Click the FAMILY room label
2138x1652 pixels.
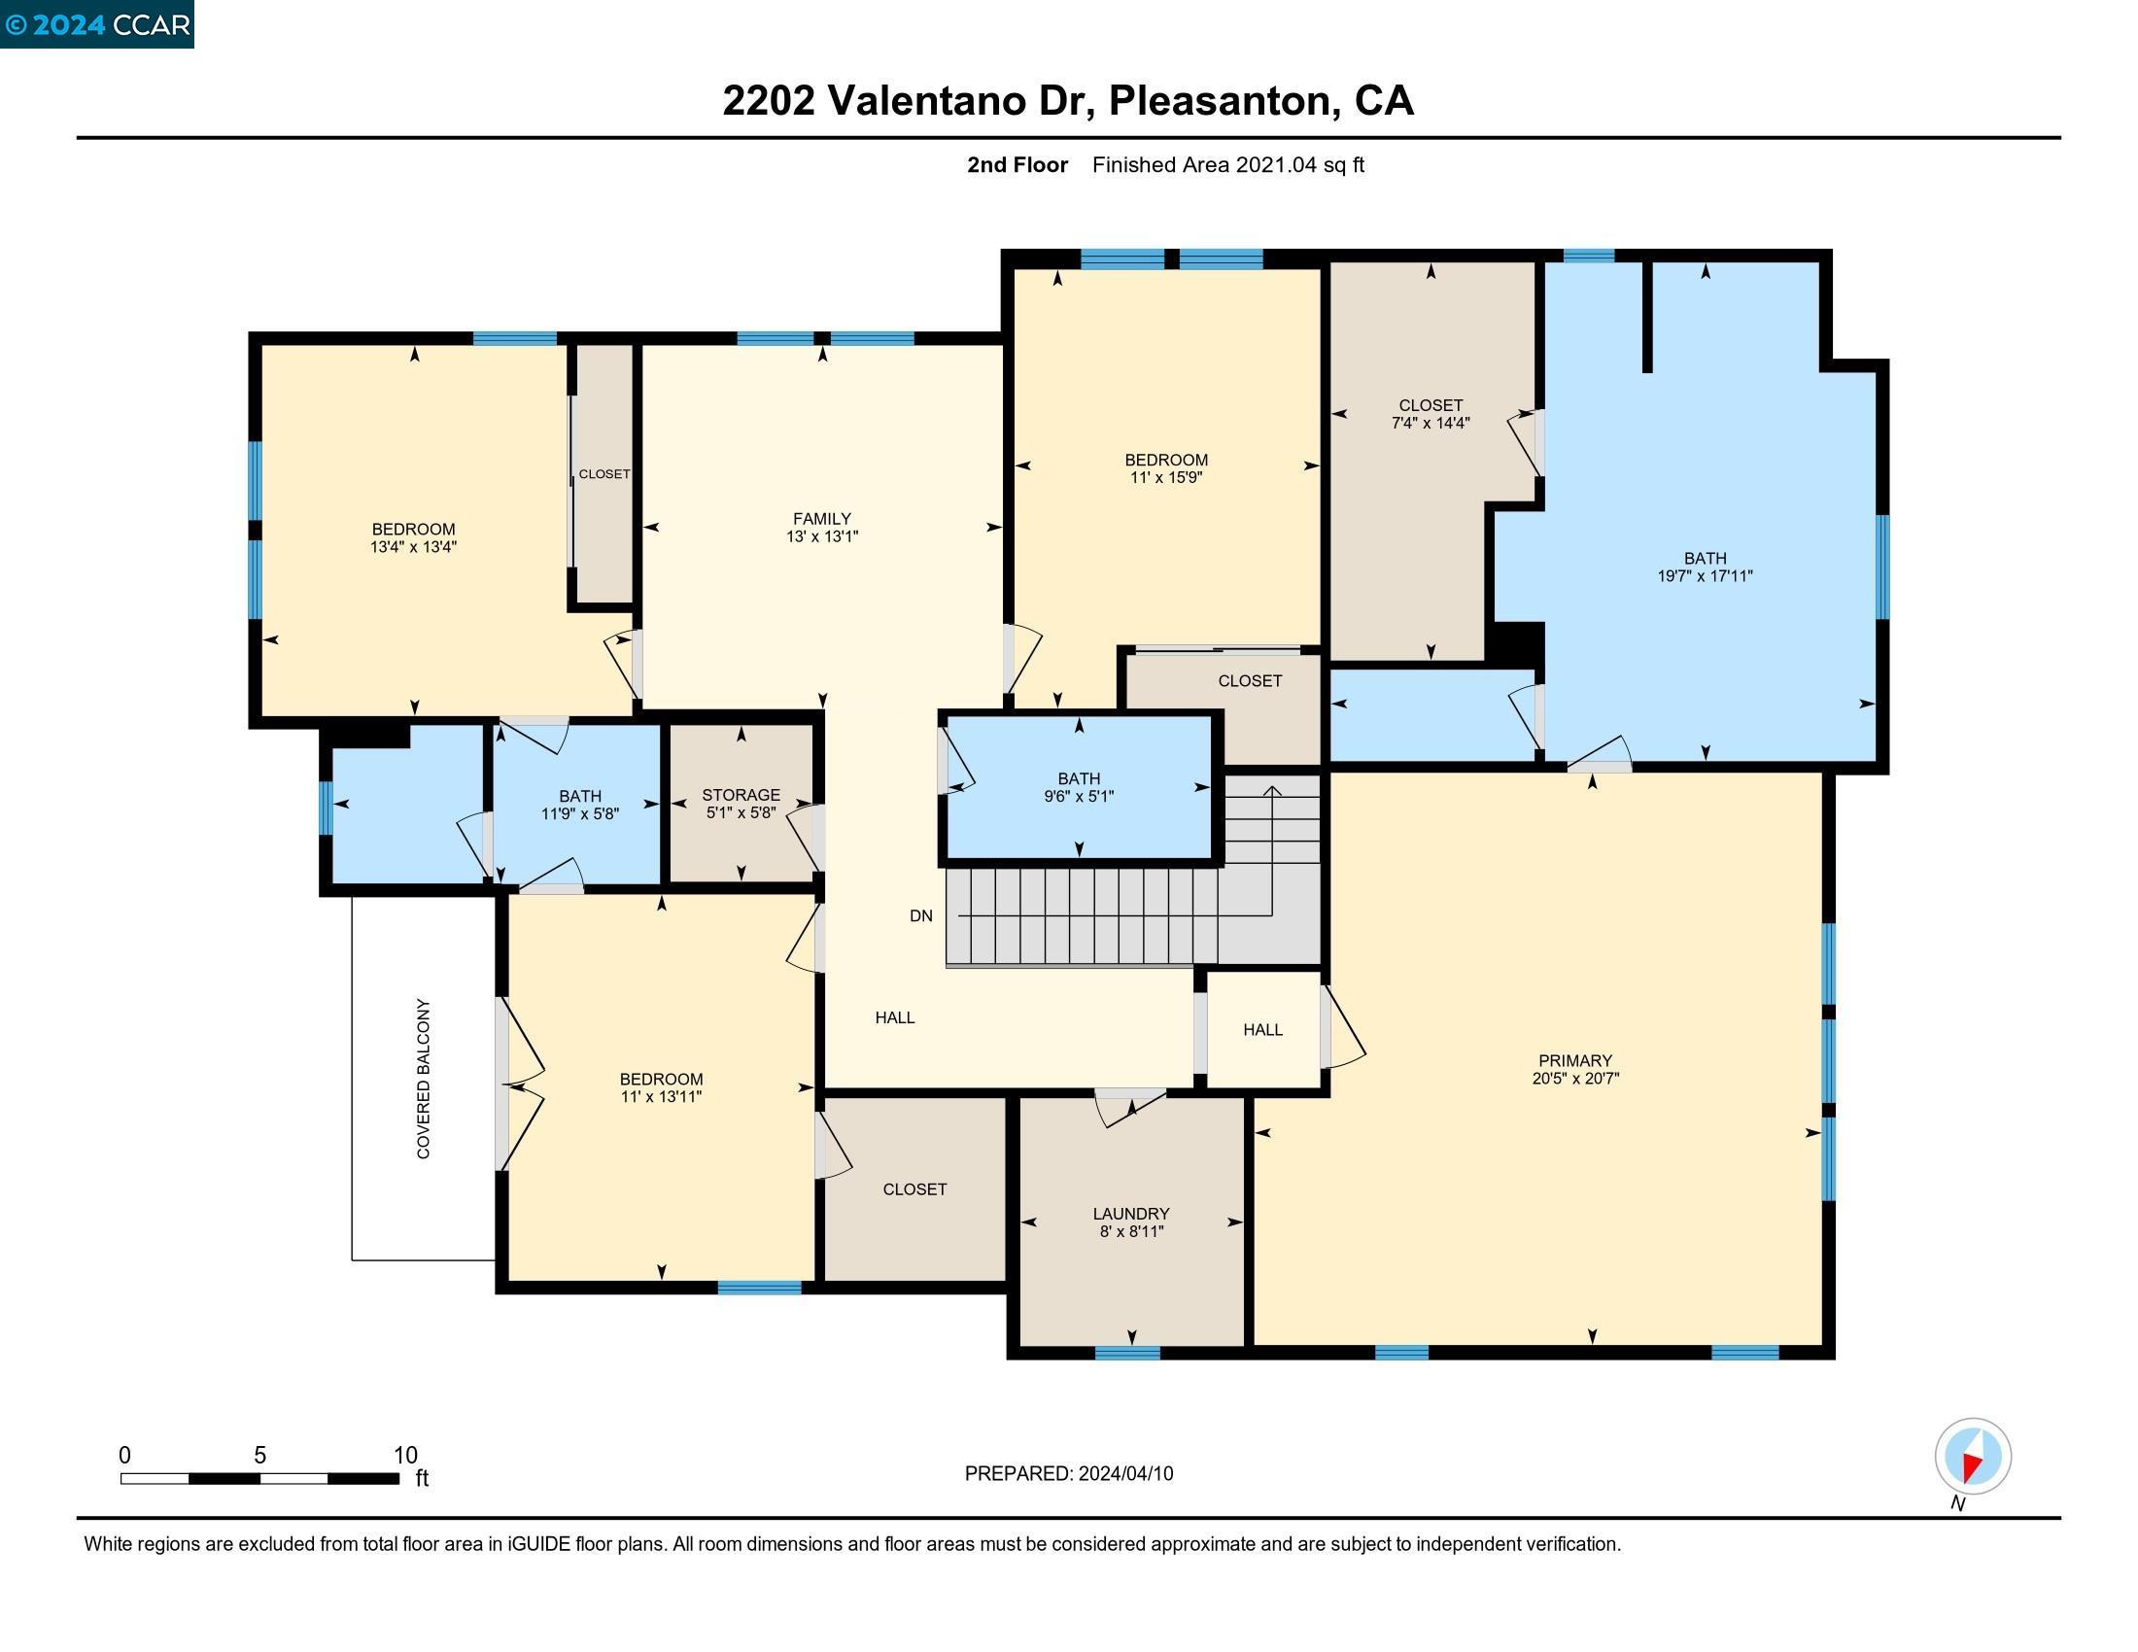[x=821, y=519]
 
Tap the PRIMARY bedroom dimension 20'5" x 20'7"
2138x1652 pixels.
[x=1575, y=1079]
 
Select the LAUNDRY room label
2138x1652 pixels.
[x=1130, y=1214]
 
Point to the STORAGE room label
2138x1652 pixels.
[x=741, y=795]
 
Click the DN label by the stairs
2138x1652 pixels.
[x=921, y=916]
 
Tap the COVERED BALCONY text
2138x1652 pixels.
[x=424, y=1079]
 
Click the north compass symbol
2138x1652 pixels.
[x=1973, y=1457]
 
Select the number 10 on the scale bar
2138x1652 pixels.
[x=405, y=1456]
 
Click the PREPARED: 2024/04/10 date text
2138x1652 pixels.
[x=1069, y=1474]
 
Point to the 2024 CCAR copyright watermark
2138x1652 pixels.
[x=97, y=23]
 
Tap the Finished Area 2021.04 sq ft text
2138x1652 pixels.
[x=1228, y=164]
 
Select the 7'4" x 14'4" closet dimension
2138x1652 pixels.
[x=1431, y=423]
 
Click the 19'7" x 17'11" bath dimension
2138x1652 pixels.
[x=1706, y=576]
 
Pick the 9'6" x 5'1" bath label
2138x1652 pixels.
[x=1079, y=797]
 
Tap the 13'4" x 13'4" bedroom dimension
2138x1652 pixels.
[x=413, y=547]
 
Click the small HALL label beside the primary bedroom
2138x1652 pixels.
[x=1262, y=1029]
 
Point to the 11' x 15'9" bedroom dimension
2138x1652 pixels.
[x=1166, y=477]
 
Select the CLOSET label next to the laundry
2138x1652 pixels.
[x=915, y=1189]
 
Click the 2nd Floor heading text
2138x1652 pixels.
[x=1017, y=164]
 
